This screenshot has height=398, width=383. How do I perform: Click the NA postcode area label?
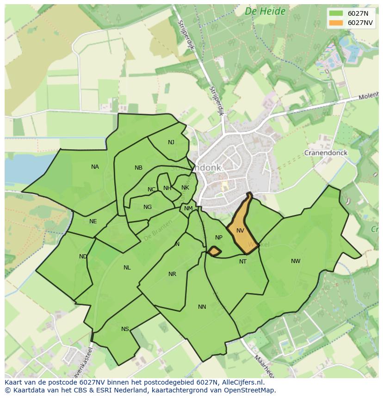(x=95, y=167)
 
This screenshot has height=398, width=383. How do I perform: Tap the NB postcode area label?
(x=138, y=168)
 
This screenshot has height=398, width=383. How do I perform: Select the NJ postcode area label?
(x=171, y=142)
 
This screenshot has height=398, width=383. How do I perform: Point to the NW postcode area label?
(x=296, y=261)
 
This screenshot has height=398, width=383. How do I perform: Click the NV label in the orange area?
(x=240, y=230)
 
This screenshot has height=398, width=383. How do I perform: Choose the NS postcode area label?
(x=125, y=329)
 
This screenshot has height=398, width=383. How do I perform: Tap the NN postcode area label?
(x=202, y=307)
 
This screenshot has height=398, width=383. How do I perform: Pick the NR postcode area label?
(x=172, y=274)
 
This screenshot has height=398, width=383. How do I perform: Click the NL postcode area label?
(x=127, y=268)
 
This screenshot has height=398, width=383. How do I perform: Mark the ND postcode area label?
(x=83, y=257)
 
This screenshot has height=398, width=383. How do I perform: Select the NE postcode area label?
(x=93, y=221)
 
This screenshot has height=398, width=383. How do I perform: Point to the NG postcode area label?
(x=148, y=207)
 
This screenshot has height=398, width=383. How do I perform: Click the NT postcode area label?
(x=243, y=262)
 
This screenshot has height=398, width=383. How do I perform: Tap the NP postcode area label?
(x=219, y=238)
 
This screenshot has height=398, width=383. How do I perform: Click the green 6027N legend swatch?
(x=336, y=13)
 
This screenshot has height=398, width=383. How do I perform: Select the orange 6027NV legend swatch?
(x=336, y=23)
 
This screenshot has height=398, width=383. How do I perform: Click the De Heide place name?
(x=265, y=11)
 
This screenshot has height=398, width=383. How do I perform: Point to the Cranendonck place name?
(x=326, y=153)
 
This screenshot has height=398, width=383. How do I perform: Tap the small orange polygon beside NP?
(x=214, y=251)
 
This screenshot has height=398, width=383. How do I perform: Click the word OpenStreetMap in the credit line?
(x=250, y=390)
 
